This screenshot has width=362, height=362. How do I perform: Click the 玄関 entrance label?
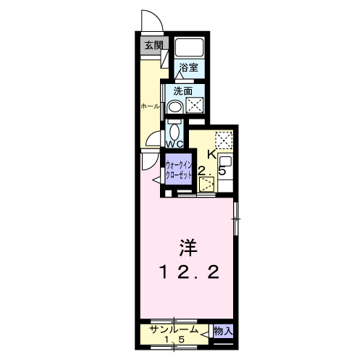point(153,45)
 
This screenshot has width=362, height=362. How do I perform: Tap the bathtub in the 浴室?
point(190,47)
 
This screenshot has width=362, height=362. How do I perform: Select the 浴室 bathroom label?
point(189,67)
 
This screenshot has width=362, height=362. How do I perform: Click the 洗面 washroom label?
point(183,91)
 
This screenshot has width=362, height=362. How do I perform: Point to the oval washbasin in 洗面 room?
point(175,106)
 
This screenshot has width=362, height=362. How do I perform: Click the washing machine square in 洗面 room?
point(195,105)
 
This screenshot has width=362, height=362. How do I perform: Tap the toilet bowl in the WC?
point(174,131)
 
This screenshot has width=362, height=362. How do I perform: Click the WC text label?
point(174,144)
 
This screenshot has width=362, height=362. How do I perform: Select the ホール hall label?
point(150,106)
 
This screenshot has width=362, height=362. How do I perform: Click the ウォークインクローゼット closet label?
point(179,170)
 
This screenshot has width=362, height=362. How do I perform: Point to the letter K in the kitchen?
point(212,155)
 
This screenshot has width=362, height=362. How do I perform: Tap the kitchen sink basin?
point(225,161)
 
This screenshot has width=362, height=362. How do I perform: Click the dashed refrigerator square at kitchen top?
point(224,140)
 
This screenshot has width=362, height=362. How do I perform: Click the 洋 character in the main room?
point(188,248)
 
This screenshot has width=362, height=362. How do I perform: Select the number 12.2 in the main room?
point(189,272)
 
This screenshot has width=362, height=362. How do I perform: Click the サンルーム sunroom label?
point(174,329)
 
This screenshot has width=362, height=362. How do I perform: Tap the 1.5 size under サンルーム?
point(174,340)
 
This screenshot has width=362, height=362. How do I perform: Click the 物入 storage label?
point(224,331)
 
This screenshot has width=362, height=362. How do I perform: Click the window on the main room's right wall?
point(236,219)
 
